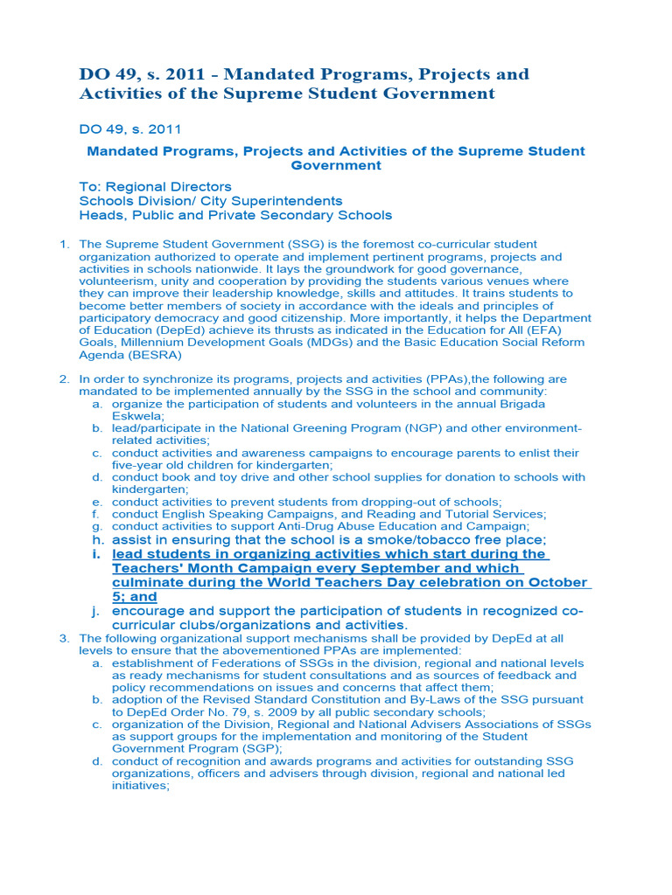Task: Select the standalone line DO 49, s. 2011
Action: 130,129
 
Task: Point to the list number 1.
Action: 64,245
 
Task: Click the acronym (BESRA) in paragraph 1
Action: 152,356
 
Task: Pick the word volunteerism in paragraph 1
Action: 117,281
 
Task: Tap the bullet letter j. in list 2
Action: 94,611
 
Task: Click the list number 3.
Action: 64,639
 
